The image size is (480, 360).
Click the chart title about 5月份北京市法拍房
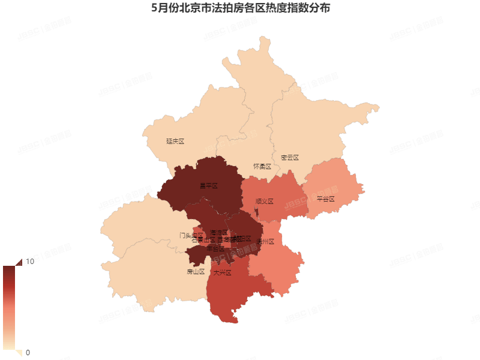tap(240, 9)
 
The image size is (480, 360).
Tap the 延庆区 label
tap(175, 142)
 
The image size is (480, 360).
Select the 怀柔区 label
tap(262, 166)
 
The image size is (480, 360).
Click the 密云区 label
tap(289, 158)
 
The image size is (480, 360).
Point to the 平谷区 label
tap(325, 199)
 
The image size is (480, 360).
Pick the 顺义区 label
tap(264, 202)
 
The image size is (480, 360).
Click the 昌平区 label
tap(208, 186)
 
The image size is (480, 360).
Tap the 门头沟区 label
tap(191, 235)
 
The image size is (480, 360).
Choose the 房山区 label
tap(196, 272)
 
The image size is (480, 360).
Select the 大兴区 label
tap(222, 272)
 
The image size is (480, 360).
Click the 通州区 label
tap(265, 242)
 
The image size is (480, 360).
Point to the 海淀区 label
tap(219, 232)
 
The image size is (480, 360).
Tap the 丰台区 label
tap(215, 248)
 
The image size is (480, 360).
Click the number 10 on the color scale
tap(29, 262)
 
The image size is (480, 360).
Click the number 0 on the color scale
tap(28, 352)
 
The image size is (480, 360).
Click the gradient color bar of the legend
tap(9, 307)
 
